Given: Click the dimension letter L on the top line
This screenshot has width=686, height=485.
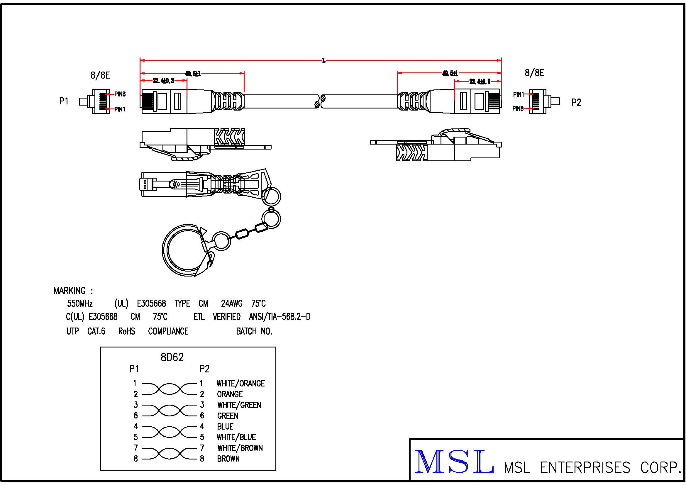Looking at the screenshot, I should click(x=323, y=61).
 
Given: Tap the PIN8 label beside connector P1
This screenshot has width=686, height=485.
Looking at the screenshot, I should click(x=120, y=94).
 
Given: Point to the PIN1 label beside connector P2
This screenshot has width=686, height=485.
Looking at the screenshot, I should click(x=518, y=94).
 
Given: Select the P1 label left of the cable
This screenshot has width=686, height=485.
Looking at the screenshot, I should click(x=64, y=101).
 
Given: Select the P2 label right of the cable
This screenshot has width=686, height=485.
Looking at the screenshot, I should click(x=576, y=102).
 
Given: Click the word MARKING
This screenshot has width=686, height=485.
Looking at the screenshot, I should click(x=70, y=291).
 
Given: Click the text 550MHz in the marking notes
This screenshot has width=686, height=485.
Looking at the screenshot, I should click(x=80, y=303).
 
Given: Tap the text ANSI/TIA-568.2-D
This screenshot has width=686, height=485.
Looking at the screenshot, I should click(x=280, y=317).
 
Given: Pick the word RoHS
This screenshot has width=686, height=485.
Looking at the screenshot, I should click(x=127, y=331).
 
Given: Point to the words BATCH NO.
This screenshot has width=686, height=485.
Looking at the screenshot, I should click(x=254, y=331).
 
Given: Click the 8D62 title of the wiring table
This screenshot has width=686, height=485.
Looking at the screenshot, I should click(x=172, y=357).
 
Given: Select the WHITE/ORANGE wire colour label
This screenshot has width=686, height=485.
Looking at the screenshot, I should click(x=240, y=383).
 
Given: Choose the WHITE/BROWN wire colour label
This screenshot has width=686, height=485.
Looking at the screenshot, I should click(x=240, y=448).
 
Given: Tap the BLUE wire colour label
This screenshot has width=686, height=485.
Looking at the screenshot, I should click(x=225, y=426).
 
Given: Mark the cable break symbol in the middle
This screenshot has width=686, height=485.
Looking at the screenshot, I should click(x=320, y=101).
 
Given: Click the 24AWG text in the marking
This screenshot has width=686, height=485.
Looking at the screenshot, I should click(x=232, y=303).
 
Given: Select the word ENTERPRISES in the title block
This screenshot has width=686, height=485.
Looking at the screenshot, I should click(x=585, y=468).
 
